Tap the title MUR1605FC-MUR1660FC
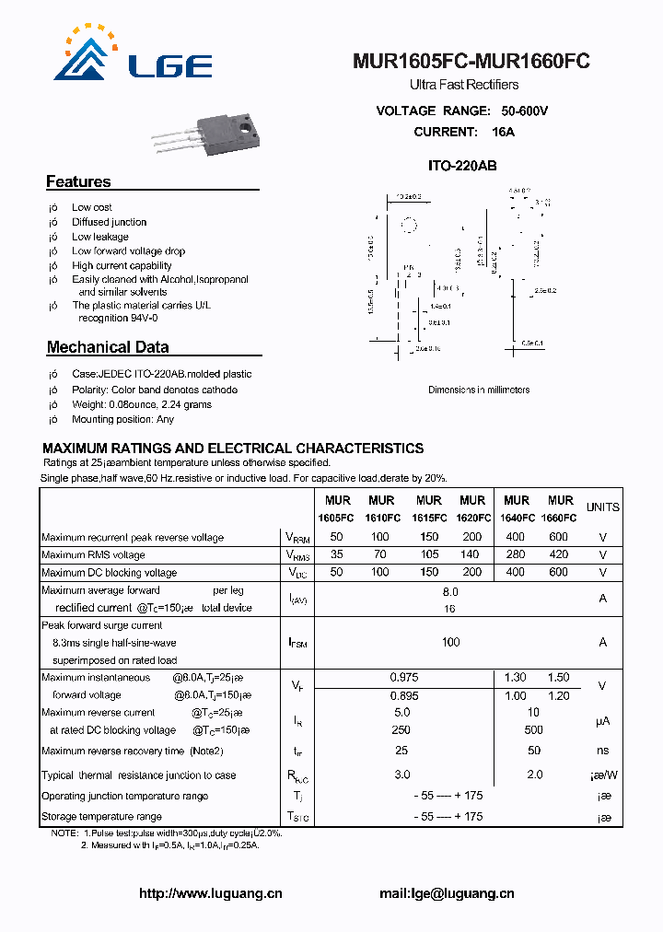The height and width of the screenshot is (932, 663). point(471,62)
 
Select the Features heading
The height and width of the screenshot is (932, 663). point(78,181)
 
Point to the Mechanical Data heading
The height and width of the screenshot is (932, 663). point(108,347)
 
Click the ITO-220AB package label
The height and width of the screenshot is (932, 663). point(462,166)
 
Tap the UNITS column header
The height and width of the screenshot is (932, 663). point(603,507)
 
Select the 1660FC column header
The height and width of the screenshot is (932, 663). point(559,518)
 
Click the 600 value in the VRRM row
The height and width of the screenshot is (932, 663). point(558,537)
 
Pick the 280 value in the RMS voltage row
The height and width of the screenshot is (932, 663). point(516,554)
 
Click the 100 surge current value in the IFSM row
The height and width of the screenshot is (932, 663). point(450,642)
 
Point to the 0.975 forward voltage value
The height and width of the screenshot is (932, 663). point(401,678)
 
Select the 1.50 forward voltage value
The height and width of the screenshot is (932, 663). point(558,678)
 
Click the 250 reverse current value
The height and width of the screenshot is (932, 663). point(401,729)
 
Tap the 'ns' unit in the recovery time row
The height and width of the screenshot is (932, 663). point(603,751)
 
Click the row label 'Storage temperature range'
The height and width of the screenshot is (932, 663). point(101,816)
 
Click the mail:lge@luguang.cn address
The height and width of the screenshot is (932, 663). point(447,893)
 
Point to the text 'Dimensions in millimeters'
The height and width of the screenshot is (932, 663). point(479,390)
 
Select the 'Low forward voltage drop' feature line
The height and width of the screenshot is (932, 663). point(129,250)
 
